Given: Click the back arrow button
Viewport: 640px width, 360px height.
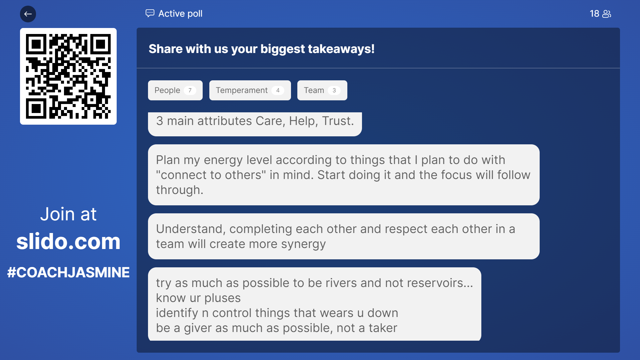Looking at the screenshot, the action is pyautogui.click(x=28, y=14).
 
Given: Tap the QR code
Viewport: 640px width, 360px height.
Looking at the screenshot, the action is pyautogui.click(x=68, y=76).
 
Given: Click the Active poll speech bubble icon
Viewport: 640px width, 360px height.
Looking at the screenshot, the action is pyautogui.click(x=150, y=13).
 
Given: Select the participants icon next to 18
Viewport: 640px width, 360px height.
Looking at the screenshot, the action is pyautogui.click(x=607, y=14).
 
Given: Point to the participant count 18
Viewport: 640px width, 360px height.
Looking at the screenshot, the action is pyautogui.click(x=594, y=14).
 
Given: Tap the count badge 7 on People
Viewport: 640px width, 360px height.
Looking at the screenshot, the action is pyautogui.click(x=190, y=90).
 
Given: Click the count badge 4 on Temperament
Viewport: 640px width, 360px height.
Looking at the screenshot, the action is pyautogui.click(x=278, y=90).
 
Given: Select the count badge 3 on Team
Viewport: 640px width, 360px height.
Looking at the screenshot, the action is pyautogui.click(x=334, y=90).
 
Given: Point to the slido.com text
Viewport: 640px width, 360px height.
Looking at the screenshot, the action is pyautogui.click(x=68, y=241).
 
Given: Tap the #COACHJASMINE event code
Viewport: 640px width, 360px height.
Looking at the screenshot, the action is pyautogui.click(x=68, y=272).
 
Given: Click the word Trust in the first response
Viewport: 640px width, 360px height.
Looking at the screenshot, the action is pyautogui.click(x=336, y=121).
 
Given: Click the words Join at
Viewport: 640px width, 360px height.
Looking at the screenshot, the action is pyautogui.click(x=68, y=214).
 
